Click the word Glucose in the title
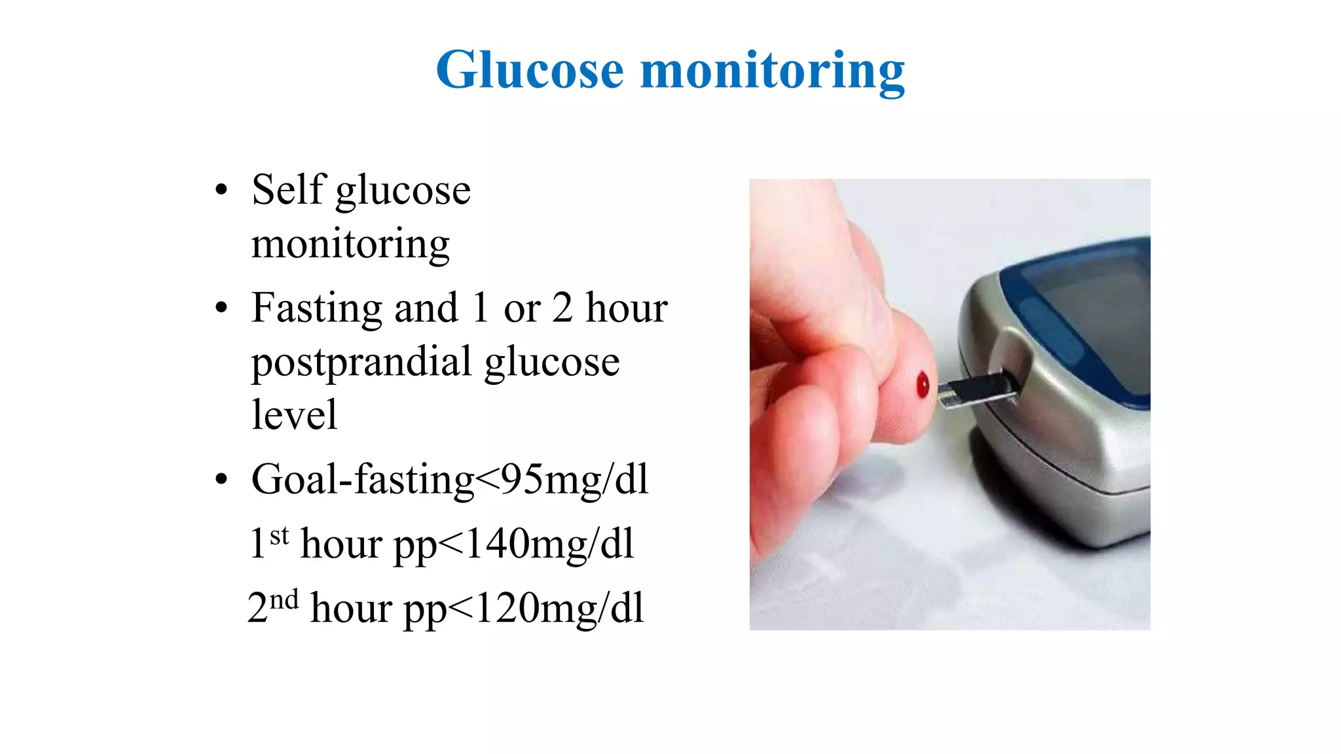(x=530, y=71)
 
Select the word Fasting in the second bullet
(x=316, y=308)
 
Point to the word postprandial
(x=361, y=362)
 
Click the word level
(x=294, y=415)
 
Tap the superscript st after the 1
(x=280, y=536)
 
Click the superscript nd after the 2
(x=284, y=600)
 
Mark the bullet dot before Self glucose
(x=221, y=190)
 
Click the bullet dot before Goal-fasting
(x=221, y=480)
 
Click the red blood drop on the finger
(x=923, y=385)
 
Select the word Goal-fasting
(x=363, y=480)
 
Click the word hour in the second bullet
(x=626, y=308)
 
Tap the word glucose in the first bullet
(x=403, y=191)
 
